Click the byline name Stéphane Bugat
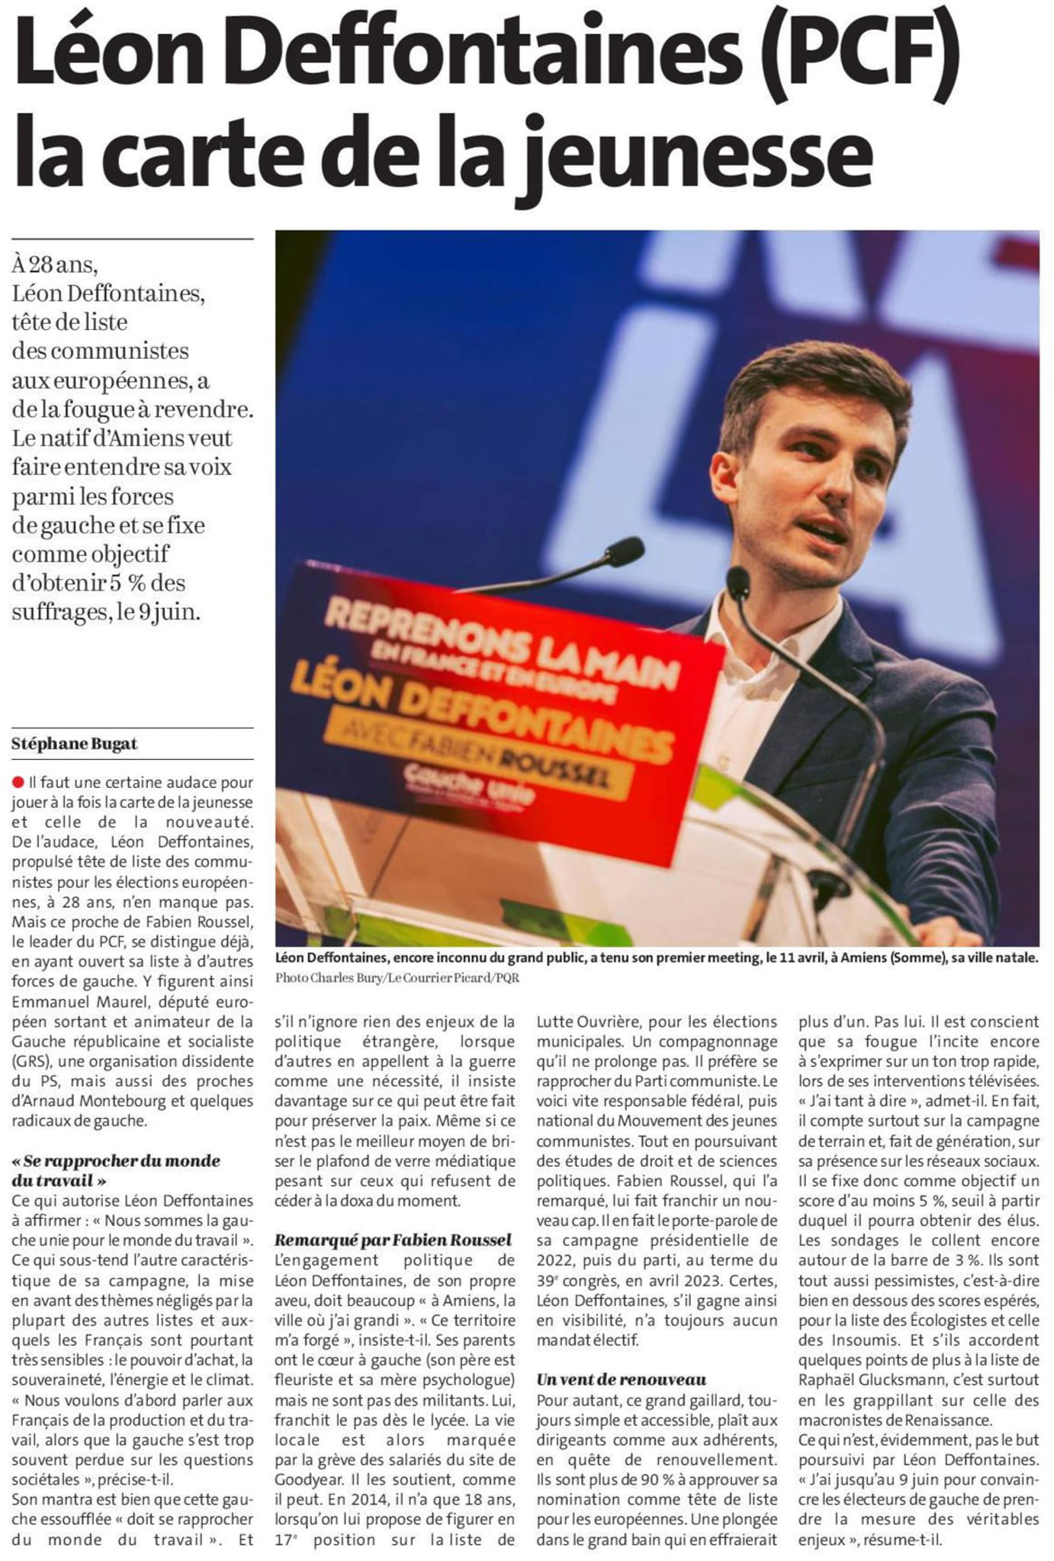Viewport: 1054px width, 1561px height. pos(75,744)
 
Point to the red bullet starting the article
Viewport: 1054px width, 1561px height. pos(18,782)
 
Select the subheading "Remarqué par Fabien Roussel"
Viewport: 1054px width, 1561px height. pos(393,1240)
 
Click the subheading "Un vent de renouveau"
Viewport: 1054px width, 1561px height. pos(621,1379)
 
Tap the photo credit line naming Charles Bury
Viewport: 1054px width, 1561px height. pos(397,978)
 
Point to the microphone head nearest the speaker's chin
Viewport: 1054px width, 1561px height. pos(738,582)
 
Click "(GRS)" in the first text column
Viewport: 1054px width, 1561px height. pos(31,1062)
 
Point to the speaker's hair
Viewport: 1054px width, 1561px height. pos(808,381)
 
